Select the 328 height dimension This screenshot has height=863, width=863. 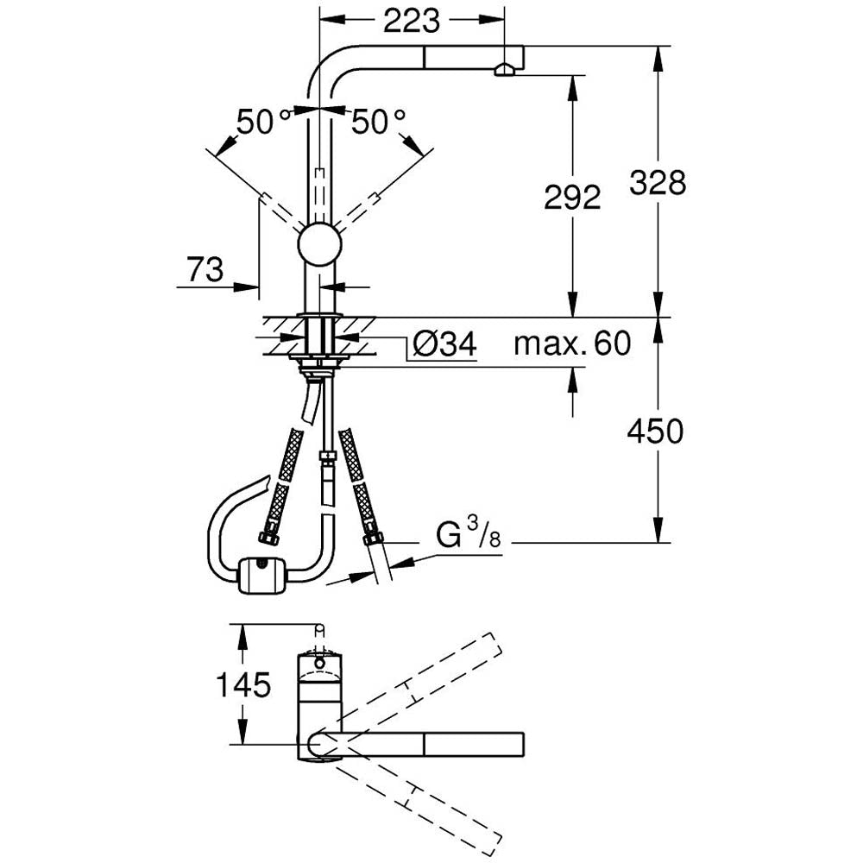pyautogui.click(x=658, y=182)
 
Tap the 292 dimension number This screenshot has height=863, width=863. pyautogui.click(x=571, y=198)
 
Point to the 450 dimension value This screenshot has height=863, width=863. pyautogui.click(x=655, y=431)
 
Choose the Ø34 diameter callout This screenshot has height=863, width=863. pyautogui.click(x=444, y=345)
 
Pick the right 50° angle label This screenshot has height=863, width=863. pyautogui.click(x=378, y=122)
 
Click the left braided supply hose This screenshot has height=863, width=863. pyautogui.click(x=285, y=483)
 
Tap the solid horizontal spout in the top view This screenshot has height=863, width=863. pyautogui.click(x=431, y=744)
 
